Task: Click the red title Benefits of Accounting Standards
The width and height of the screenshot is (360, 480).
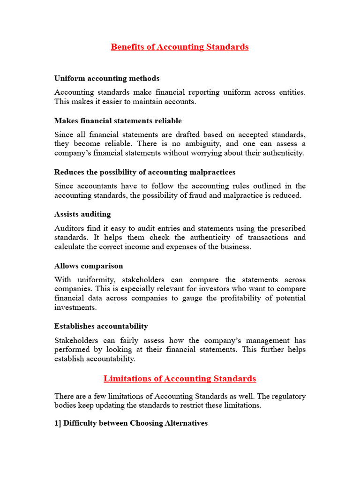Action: pos(180,47)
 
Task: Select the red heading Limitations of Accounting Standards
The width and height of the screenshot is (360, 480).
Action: pos(180,378)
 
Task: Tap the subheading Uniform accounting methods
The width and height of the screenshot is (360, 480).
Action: pos(107,78)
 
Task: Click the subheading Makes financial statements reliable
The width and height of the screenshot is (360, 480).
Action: pos(118,121)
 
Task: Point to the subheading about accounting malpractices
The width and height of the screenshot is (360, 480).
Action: pos(145,172)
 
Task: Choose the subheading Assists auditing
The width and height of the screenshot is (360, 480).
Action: pos(82,214)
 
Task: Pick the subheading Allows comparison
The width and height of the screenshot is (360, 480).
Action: pos(89,266)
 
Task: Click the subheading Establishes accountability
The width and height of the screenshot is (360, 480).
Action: pos(101,326)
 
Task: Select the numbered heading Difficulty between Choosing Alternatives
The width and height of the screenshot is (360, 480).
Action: pos(131,423)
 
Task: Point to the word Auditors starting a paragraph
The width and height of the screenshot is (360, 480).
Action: pos(70,228)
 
